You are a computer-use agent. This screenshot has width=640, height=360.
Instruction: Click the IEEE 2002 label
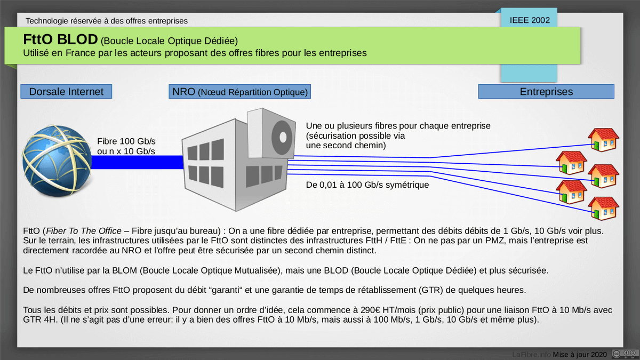(530, 20)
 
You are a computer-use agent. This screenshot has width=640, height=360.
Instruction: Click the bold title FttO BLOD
(60, 40)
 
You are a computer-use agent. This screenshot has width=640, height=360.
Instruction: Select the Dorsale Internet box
(66, 92)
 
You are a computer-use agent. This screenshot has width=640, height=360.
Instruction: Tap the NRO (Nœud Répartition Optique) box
(239, 92)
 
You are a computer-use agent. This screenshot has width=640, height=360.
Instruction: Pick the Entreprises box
(546, 92)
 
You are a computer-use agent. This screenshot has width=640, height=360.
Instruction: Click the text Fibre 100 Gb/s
(126, 141)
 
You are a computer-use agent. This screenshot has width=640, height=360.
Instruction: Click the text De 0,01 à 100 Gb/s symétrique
(367, 185)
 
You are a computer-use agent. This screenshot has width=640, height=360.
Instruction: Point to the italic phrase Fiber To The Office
(79, 231)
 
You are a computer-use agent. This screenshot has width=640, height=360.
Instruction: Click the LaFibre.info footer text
(531, 354)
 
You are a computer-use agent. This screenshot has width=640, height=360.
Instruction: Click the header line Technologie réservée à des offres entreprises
(106, 21)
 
